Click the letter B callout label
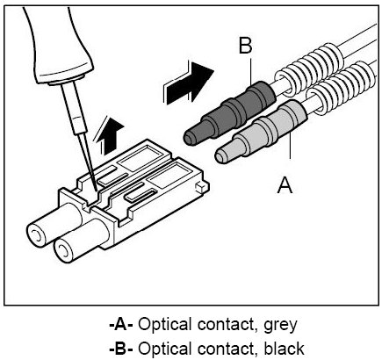point(245,46)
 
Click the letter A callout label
point(285,184)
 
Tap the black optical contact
point(229,115)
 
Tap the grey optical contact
point(261,132)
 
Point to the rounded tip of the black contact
point(190,137)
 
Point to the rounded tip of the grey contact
point(221,156)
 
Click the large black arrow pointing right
point(188,83)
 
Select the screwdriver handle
point(59,44)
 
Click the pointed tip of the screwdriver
point(97,191)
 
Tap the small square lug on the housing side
point(201,186)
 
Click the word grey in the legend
point(280,325)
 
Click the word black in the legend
point(284,349)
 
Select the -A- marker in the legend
point(121,324)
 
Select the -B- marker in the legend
point(121,349)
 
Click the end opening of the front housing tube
point(62,249)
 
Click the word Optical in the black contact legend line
point(165,349)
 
